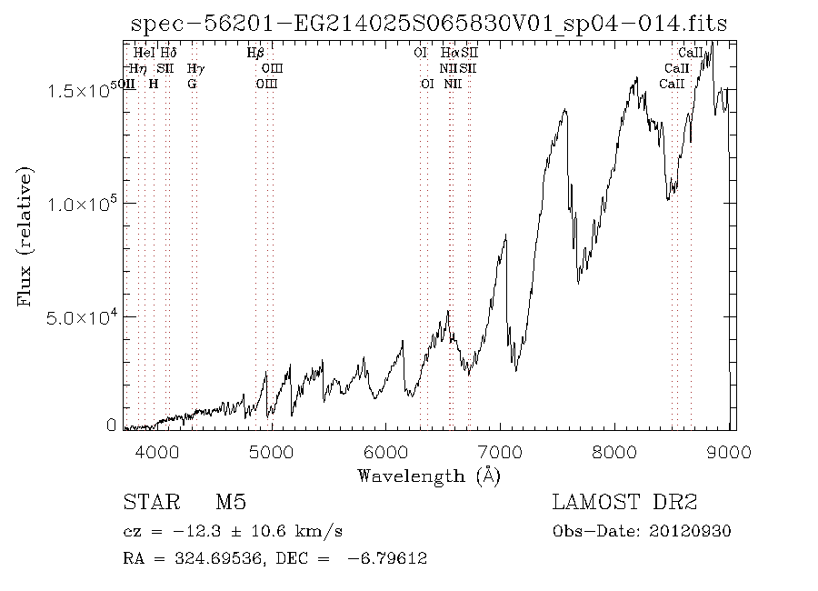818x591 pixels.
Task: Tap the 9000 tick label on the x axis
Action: coord(733,451)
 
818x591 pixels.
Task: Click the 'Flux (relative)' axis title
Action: coord(25,235)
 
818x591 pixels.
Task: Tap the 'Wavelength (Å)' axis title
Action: coord(428,475)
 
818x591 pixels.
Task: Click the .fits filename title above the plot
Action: coord(430,24)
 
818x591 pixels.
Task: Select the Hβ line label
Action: coord(255,53)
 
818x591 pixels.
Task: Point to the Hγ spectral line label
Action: coord(195,68)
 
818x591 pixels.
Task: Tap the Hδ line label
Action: coord(168,53)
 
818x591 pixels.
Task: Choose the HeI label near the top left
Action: coord(145,53)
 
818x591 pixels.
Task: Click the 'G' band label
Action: coord(192,84)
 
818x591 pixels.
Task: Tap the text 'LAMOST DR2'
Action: coord(624,503)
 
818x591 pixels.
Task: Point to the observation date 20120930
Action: coord(691,531)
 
